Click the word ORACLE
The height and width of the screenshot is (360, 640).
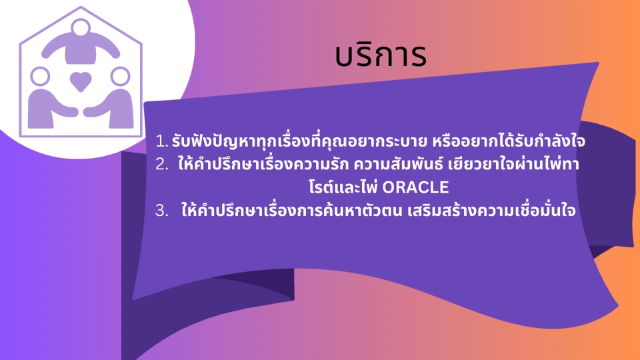(415, 187)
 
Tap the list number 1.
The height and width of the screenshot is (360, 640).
(161, 141)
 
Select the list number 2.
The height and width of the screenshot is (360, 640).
(161, 165)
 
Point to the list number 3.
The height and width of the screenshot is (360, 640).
(161, 211)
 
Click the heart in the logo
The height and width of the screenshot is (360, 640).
(81, 81)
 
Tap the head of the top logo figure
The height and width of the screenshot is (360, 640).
(81, 28)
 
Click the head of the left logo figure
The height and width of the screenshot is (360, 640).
(40, 76)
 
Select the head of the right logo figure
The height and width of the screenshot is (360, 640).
(121, 76)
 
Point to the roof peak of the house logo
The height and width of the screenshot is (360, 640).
(81, 7)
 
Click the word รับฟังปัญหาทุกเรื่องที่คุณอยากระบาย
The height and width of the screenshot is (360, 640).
(299, 141)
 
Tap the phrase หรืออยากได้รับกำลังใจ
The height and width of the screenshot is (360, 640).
(509, 141)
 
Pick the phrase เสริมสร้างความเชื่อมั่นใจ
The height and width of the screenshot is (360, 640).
(491, 210)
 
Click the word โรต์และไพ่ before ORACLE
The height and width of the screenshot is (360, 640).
(344, 187)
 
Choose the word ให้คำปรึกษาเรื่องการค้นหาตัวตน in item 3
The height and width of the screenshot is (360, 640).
(292, 210)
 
